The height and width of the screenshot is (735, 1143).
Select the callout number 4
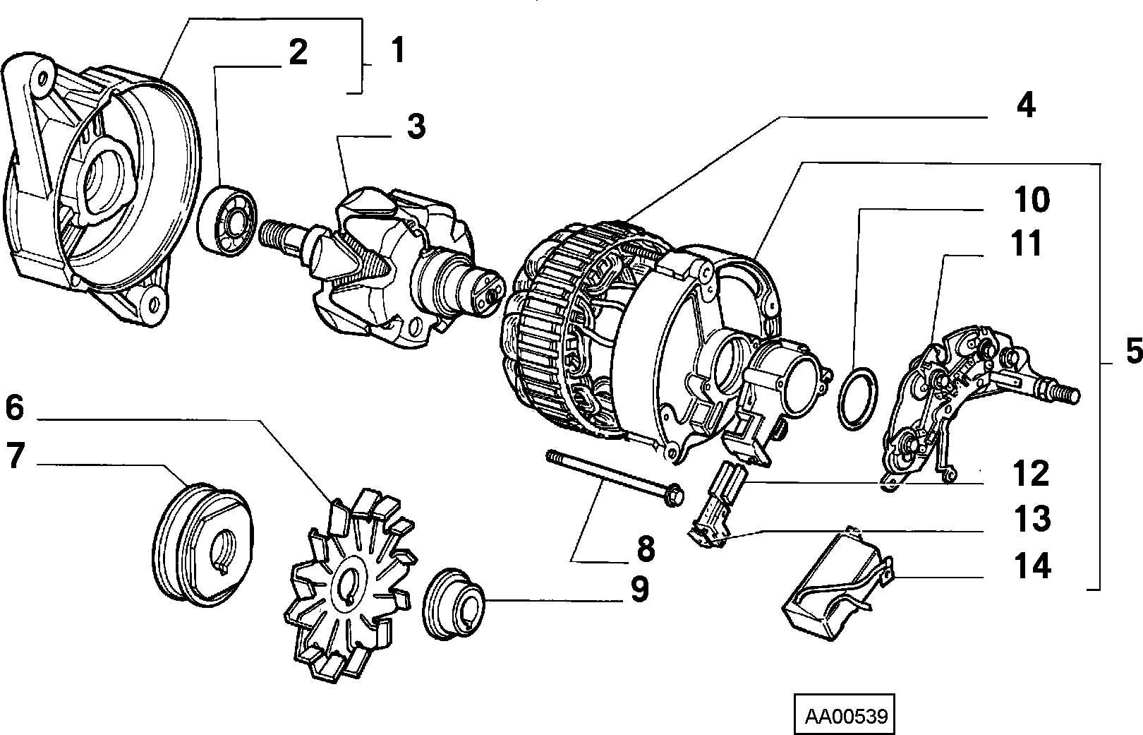pyautogui.click(x=1026, y=105)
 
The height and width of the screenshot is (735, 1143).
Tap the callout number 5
pyautogui.click(x=1134, y=351)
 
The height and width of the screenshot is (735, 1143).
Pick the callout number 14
pyautogui.click(x=1032, y=566)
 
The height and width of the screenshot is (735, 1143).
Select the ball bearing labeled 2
pyautogui.click(x=227, y=220)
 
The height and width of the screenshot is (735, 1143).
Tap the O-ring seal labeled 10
pyautogui.click(x=858, y=398)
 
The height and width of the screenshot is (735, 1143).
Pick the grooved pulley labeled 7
pyautogui.click(x=203, y=544)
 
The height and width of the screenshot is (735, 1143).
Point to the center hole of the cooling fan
pyautogui.click(x=350, y=584)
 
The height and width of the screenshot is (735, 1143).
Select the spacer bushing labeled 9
pyautogui.click(x=454, y=603)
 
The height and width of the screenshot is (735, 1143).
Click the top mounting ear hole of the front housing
pyautogui.click(x=42, y=78)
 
